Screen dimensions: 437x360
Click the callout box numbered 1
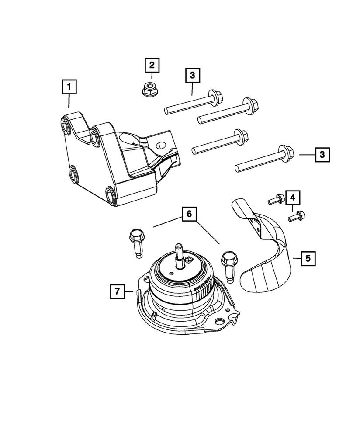[69, 86]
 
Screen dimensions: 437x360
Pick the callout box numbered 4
[293, 198]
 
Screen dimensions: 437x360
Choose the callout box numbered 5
[308, 258]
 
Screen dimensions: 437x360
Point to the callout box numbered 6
[189, 214]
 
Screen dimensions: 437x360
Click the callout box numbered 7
[117, 290]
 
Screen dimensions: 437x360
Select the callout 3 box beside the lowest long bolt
[322, 154]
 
